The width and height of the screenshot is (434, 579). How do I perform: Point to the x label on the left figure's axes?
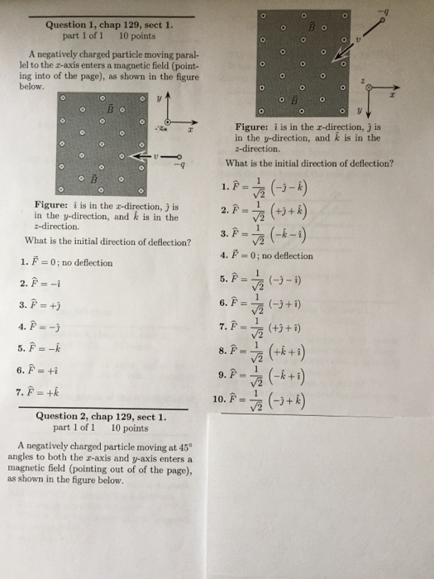(191, 131)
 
